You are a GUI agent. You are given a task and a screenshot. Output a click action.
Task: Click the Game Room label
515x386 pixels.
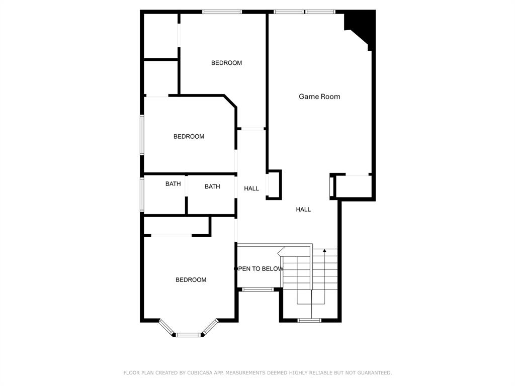[319, 96]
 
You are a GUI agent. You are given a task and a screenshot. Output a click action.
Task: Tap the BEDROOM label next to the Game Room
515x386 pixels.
[226, 63]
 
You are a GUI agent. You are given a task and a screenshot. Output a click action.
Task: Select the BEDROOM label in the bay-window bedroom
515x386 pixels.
[191, 279]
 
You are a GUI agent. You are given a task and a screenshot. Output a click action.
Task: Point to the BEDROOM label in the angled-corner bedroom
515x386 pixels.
[189, 136]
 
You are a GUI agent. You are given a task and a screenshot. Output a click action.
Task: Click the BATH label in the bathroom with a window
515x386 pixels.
[173, 184]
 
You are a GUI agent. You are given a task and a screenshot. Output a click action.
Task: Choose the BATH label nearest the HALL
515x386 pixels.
[212, 186]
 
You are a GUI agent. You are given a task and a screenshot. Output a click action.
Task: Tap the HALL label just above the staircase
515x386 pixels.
[303, 210]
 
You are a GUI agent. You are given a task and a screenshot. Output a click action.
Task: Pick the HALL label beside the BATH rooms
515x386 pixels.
[251, 188]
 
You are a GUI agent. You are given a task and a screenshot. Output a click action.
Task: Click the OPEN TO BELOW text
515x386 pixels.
[261, 269]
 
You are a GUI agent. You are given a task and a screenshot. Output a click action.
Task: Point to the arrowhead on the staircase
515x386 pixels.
[324, 251]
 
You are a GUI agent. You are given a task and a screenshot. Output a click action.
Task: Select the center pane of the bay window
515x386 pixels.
[188, 335]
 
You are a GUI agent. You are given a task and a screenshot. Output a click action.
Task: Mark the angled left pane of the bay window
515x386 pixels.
[166, 327]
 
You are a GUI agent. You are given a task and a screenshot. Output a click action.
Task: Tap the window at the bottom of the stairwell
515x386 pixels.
[309, 320]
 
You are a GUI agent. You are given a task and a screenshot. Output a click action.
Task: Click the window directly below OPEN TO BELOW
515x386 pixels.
[258, 289]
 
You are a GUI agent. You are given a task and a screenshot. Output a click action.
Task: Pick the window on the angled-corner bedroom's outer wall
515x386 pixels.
[142, 135]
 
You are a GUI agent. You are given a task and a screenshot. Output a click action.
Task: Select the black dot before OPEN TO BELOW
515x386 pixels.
[235, 269]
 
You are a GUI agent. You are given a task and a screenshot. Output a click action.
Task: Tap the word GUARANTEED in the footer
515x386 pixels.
[374, 372]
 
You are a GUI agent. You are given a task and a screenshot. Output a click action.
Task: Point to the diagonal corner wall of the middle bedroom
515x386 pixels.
[230, 101]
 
